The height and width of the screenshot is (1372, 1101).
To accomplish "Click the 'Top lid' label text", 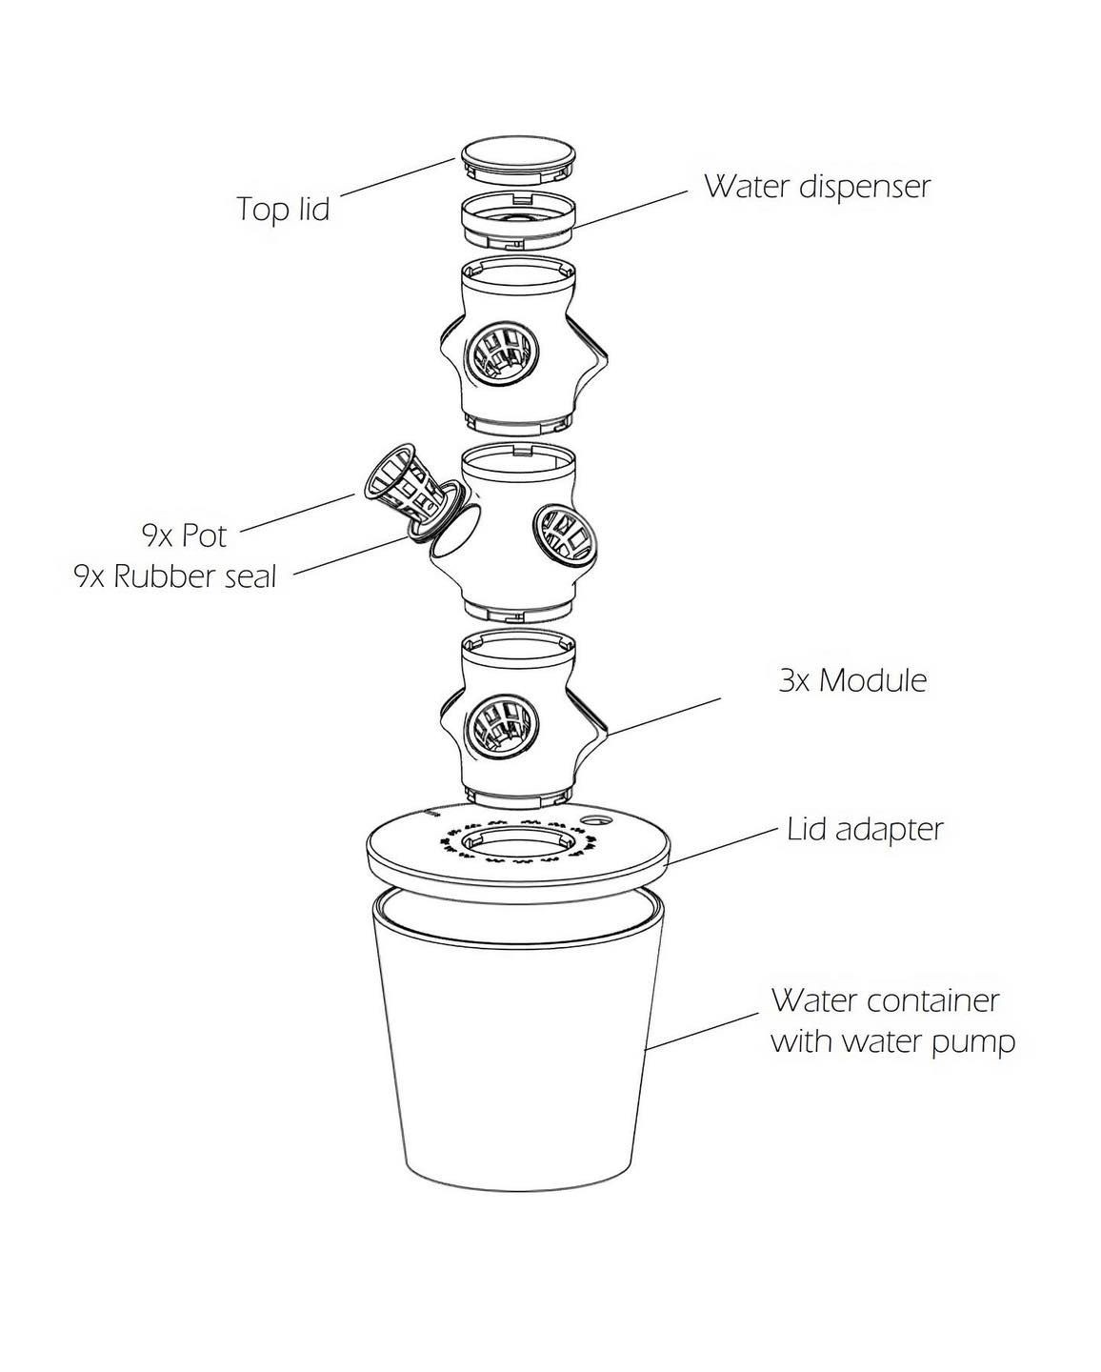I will click(283, 209).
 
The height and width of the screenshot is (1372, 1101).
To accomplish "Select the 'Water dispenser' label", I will click(816, 186).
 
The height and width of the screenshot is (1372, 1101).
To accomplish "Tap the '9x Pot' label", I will click(185, 535).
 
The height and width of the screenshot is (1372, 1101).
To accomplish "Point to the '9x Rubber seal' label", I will click(175, 576).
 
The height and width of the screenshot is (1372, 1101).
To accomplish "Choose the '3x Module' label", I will click(851, 680).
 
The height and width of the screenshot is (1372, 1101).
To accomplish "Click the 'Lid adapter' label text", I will click(865, 829).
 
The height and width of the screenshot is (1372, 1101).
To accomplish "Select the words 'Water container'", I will click(885, 1000).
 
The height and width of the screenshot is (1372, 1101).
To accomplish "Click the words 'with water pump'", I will click(892, 1041).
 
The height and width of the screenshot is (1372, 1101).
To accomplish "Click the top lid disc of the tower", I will click(519, 154).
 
